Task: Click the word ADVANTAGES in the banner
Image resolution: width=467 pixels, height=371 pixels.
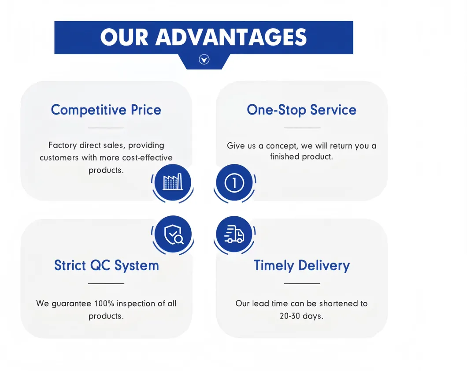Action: (x=231, y=37)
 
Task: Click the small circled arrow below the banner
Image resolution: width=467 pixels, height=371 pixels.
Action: (x=204, y=59)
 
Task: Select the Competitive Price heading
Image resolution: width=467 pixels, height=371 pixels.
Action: (x=106, y=110)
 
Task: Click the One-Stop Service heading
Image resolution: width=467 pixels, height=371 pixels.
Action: (x=301, y=110)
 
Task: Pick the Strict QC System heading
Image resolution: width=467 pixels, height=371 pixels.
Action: (x=106, y=265)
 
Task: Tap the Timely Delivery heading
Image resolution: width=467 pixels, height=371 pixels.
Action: (x=301, y=265)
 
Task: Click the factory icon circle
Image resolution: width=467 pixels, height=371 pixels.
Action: (x=172, y=182)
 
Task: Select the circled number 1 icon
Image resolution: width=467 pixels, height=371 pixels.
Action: (x=234, y=182)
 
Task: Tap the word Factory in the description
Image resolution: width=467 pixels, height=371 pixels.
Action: (x=63, y=145)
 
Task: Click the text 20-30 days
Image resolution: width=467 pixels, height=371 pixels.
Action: (x=301, y=316)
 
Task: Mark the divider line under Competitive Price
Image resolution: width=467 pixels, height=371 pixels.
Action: (x=106, y=128)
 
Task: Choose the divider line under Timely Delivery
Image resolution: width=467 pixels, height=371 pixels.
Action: (x=301, y=283)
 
